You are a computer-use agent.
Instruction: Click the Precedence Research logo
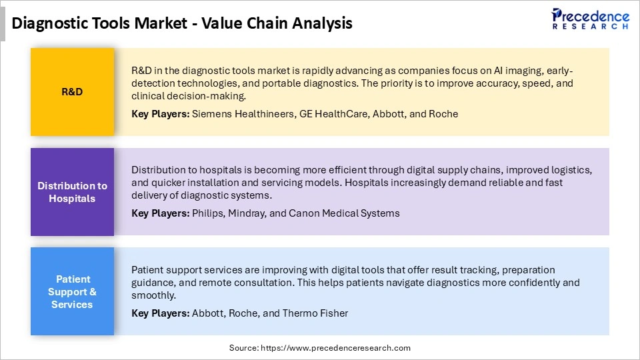tap(589, 19)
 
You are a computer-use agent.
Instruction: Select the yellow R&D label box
tap(72, 92)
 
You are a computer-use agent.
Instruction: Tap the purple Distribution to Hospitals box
tap(72, 192)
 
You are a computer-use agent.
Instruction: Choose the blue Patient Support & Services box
tap(72, 291)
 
